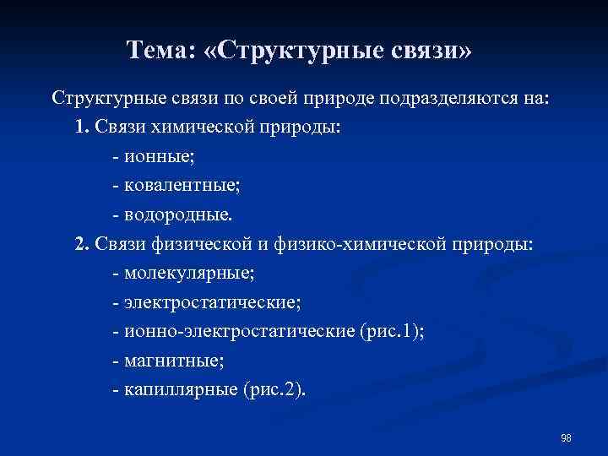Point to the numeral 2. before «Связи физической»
coord(81,245)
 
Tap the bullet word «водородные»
coord(176,215)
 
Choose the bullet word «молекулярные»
coord(187,274)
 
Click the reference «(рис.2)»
coord(275,389)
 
